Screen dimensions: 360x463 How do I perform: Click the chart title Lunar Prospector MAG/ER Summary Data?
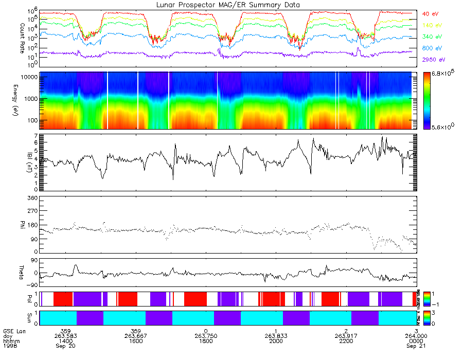(228, 5)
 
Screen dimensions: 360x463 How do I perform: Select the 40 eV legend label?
(431, 14)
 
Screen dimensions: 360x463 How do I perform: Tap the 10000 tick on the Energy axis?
(29, 77)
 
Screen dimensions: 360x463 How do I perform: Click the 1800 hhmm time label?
(206, 341)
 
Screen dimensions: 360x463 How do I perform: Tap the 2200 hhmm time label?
(346, 341)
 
